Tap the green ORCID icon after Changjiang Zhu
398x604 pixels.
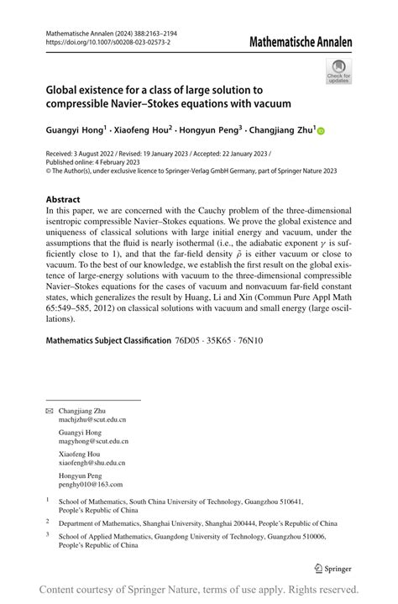pos(320,131)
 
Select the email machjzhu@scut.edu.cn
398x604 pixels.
pos(92,418)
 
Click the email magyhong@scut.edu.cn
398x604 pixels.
pos(93,440)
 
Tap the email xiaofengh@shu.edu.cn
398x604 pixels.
pos(92,462)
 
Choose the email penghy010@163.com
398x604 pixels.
pos(90,484)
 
